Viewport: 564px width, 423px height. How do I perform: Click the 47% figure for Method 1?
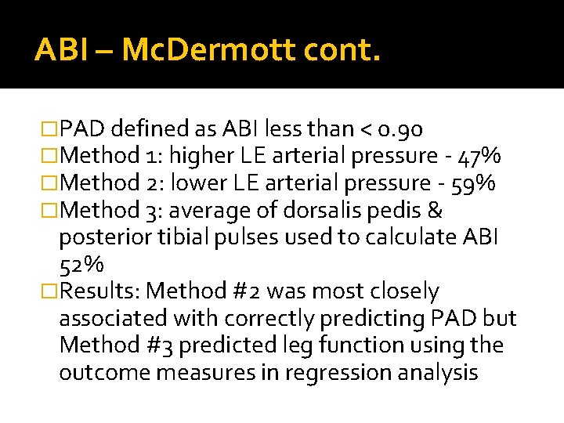(479, 156)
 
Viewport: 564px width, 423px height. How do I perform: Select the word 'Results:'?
(100, 291)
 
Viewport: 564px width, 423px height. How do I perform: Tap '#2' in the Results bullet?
(248, 291)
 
